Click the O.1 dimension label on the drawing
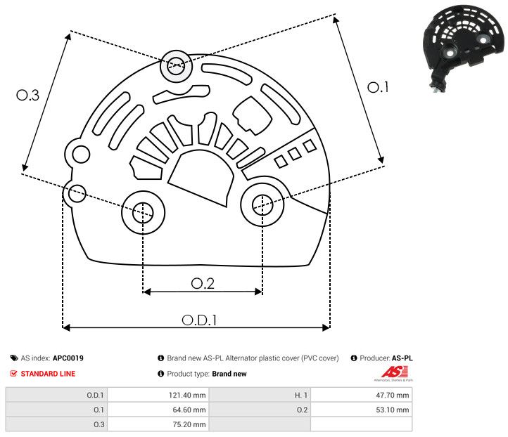(x=378, y=87)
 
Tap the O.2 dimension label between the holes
(x=202, y=282)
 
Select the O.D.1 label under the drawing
(x=199, y=319)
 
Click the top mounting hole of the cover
(x=174, y=67)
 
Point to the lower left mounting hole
(x=143, y=211)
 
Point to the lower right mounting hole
(x=262, y=204)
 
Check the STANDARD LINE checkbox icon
(x=13, y=374)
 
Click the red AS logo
(x=390, y=372)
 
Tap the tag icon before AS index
(x=13, y=358)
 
